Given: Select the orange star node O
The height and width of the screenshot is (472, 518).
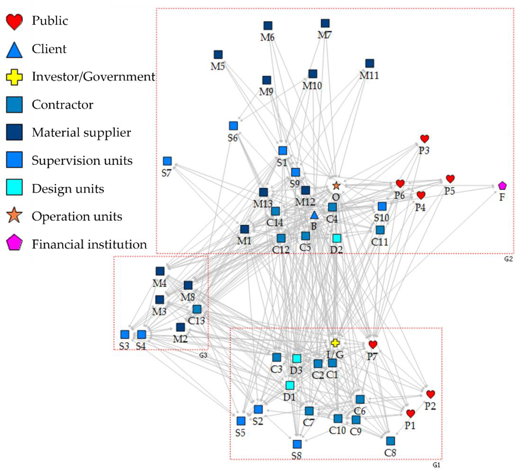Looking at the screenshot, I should point(336,185).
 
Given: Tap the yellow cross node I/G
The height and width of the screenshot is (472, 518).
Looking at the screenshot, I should point(335,343).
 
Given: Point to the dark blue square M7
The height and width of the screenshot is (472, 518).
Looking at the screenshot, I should point(325,23).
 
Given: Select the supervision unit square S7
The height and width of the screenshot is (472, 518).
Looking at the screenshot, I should point(167,161).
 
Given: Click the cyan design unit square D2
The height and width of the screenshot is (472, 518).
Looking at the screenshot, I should point(337,238).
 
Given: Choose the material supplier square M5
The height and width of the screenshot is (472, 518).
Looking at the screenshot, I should point(218,55).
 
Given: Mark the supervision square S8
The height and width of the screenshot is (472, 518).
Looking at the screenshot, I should point(297,444).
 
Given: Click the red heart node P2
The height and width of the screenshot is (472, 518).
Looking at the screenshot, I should point(431,394).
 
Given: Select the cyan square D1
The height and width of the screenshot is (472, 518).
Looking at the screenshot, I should point(290,385).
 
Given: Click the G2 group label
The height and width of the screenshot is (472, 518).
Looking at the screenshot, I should point(508,259).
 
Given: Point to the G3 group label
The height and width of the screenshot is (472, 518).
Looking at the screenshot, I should point(203,355).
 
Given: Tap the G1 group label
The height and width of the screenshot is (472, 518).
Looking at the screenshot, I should point(436,465).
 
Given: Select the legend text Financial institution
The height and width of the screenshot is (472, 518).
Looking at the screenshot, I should point(89,244).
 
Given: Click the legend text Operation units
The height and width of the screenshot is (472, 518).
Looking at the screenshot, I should point(77,216).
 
